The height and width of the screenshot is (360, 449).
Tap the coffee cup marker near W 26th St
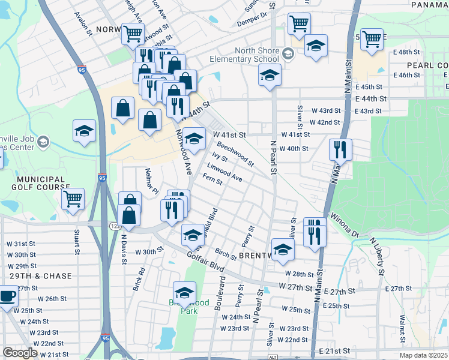(x=7, y=296)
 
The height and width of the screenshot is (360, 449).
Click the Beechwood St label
(x=235, y=154)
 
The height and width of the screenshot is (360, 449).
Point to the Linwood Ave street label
(x=224, y=172)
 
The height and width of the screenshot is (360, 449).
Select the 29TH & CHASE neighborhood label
(x=40, y=276)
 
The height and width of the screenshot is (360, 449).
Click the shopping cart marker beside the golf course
(x=73, y=199)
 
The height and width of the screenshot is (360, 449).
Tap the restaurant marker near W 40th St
(x=340, y=150)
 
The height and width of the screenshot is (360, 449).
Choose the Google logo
(x=20, y=353)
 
